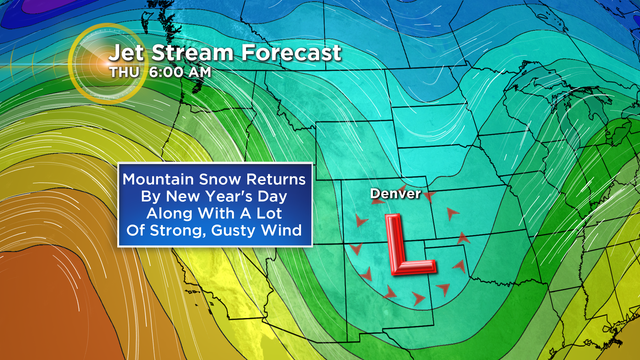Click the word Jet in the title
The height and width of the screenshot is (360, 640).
[125, 52]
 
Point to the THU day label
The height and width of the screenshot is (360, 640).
[125, 72]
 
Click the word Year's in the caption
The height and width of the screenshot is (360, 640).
[235, 197]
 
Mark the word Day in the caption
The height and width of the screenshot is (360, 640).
[284, 197]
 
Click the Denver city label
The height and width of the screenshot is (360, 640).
[395, 192]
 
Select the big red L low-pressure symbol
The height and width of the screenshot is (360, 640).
[406, 245]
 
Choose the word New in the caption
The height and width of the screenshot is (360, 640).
[192, 197]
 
